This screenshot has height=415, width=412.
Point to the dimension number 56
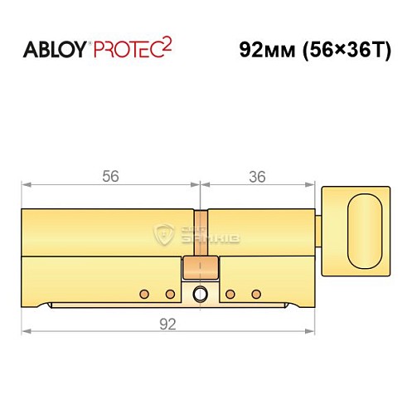(110, 176)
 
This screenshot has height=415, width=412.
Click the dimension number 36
(258, 176)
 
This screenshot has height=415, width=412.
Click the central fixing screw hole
(200, 294)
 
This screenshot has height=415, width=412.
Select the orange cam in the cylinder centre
(200, 268)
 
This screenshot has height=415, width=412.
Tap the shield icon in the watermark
(163, 234)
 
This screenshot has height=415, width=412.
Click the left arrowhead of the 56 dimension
(26, 184)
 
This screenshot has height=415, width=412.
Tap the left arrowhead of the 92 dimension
(26, 332)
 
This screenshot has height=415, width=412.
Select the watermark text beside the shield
(201, 236)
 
